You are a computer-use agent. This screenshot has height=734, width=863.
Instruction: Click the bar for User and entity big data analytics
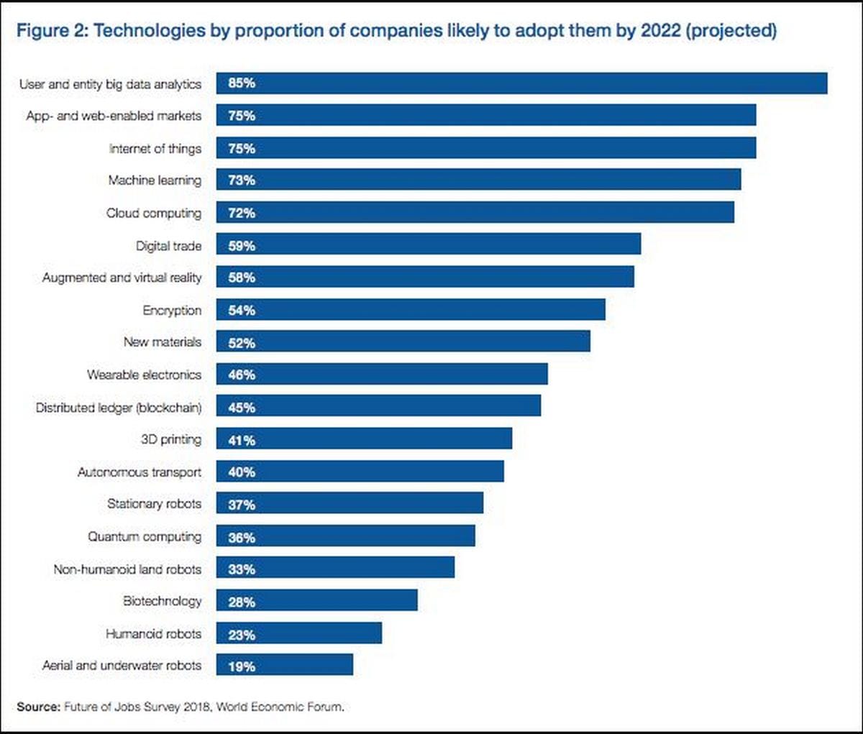pyautogui.click(x=521, y=83)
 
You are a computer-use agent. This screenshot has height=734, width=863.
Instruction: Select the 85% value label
pyautogui.click(x=242, y=83)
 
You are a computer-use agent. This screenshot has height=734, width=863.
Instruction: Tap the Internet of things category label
pyautogui.click(x=155, y=149)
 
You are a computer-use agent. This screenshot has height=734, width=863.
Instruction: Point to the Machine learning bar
pyautogui.click(x=478, y=180)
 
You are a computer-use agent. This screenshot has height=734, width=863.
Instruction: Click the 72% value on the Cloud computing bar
pyautogui.click(x=242, y=213)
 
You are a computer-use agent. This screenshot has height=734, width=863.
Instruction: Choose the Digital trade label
pyautogui.click(x=168, y=246)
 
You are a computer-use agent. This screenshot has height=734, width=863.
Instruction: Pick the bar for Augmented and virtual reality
pyautogui.click(x=425, y=277)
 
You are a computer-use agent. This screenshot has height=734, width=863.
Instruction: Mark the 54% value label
pyautogui.click(x=242, y=311)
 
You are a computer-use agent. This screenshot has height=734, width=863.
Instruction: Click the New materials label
pyautogui.click(x=162, y=342)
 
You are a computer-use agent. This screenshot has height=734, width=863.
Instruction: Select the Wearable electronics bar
pyautogui.click(x=382, y=374)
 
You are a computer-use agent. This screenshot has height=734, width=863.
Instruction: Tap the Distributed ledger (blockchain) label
pyautogui.click(x=119, y=408)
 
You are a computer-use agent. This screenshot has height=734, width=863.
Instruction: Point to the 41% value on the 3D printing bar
pyautogui.click(x=242, y=440)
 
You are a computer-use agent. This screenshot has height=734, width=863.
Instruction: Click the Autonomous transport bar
pyautogui.click(x=360, y=472)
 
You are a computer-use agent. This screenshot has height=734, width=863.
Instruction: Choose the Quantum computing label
pyautogui.click(x=145, y=537)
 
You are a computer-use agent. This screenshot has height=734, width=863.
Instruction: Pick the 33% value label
pyautogui.click(x=242, y=569)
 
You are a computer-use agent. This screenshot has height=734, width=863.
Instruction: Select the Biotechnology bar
pyautogui.click(x=316, y=601)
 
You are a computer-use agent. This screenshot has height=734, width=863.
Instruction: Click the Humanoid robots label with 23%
pyautogui.click(x=153, y=634)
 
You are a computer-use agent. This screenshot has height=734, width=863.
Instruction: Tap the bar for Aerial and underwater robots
pyautogui.click(x=284, y=665)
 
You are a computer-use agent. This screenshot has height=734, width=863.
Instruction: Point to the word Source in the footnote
pyautogui.click(x=38, y=707)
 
